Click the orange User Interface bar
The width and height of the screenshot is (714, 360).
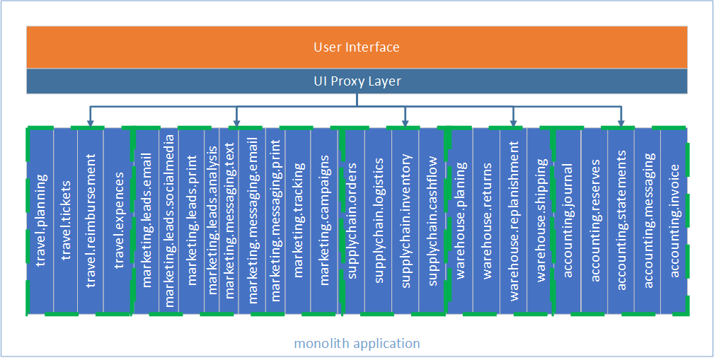coord(357,47)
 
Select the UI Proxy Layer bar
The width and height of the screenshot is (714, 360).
coord(357,81)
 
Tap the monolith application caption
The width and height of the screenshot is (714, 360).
coord(357,343)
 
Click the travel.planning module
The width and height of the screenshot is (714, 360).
coord(40,221)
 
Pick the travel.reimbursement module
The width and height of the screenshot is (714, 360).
coord(90,221)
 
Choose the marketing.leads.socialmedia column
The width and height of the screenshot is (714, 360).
coord(169,221)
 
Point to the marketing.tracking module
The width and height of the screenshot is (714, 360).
coord(298,221)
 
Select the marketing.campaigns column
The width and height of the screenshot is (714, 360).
coord(325,221)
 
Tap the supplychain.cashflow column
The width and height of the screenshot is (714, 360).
coord(432,221)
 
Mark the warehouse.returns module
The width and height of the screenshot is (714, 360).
coord(486,221)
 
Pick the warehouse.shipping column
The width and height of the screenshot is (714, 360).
coord(540,221)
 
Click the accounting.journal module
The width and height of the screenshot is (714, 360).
coord(568,221)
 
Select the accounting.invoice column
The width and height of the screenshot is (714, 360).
coord(674,221)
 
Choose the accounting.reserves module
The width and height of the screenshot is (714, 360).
coord(594,221)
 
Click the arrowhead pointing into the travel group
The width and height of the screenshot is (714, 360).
coord(90,122)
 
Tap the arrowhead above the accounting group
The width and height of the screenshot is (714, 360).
coord(620,122)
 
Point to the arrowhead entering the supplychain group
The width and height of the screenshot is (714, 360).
coord(405,122)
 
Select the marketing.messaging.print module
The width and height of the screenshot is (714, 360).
coord(275,221)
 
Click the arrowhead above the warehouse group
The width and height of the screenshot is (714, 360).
coord(513,122)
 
